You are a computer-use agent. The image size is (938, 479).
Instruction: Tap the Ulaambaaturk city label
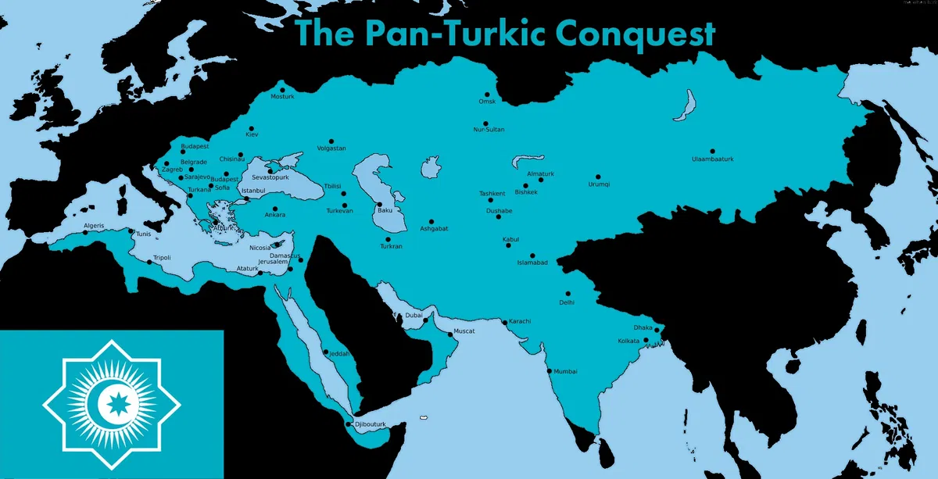[713, 159]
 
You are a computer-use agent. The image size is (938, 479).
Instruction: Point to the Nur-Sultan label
[489, 129]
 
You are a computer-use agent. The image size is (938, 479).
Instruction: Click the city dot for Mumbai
[550, 370]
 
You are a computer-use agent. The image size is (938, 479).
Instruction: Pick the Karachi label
[520, 322]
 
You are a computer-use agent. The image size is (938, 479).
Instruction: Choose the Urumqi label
[599, 184]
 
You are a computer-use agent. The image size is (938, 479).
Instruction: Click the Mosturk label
[282, 96]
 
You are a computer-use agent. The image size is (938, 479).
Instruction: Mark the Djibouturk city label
[371, 424]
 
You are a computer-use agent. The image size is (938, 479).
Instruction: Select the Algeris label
[94, 227]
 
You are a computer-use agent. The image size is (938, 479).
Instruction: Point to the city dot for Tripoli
[149, 263]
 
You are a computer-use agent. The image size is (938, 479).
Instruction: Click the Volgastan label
[331, 148]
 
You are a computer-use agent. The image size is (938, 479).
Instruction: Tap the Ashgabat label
[434, 228]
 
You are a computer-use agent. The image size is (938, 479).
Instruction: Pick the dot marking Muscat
[449, 334]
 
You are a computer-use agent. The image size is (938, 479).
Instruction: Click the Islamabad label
[532, 263]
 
